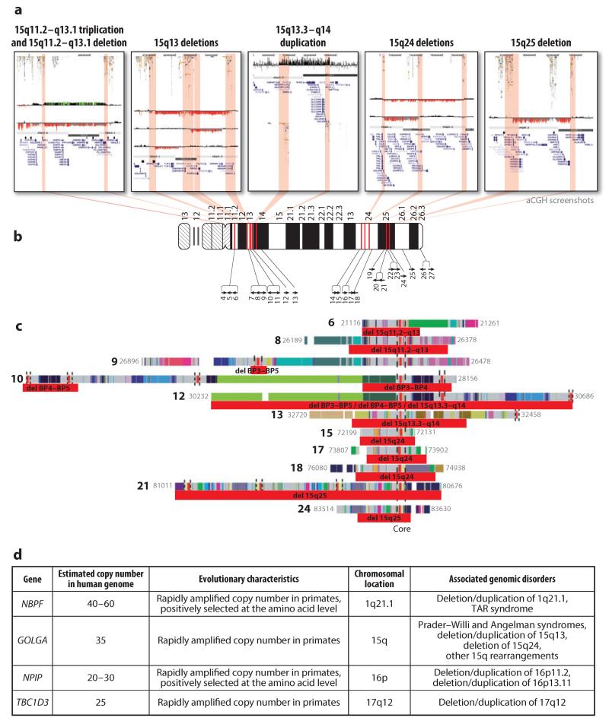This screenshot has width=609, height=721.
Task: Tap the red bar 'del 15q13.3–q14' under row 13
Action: [419, 423]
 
